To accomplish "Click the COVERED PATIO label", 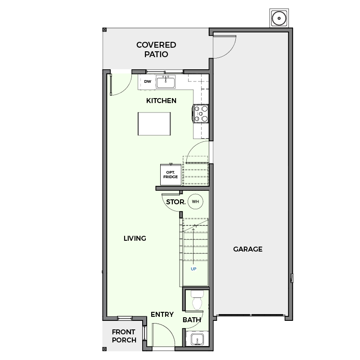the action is pyautogui.click(x=156, y=49).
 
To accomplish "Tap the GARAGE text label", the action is pyautogui.click(x=248, y=249).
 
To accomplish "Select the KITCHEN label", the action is pyautogui.click(x=161, y=100).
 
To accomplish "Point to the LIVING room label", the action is pyautogui.click(x=135, y=238).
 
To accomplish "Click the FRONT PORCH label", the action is pyautogui.click(x=124, y=336).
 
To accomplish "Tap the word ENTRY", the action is pyautogui.click(x=162, y=314).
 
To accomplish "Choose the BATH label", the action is pyautogui.click(x=192, y=319).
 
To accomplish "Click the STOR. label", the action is pyautogui.click(x=175, y=202).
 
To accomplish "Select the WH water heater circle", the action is pyautogui.click(x=195, y=202).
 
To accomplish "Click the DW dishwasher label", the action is pyautogui.click(x=148, y=81).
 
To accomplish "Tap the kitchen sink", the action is pyautogui.click(x=166, y=81).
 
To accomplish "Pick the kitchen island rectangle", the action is pyautogui.click(x=154, y=124).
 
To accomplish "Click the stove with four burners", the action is pyautogui.click(x=201, y=114).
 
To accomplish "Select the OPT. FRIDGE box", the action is pyautogui.click(x=171, y=175).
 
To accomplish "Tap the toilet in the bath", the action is pyautogui.click(x=197, y=300).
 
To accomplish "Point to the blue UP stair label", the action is pyautogui.click(x=193, y=269).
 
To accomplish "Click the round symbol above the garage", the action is pyautogui.click(x=279, y=18).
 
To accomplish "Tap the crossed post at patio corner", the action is pyautogui.click(x=104, y=30).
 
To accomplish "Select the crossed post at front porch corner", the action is pyautogui.click(x=104, y=349).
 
